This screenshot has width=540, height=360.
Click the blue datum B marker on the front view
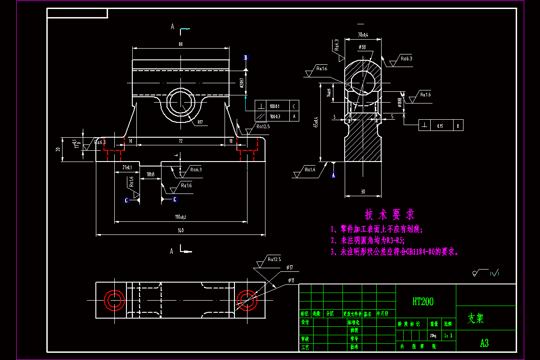246,58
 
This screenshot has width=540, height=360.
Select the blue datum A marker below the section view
333,175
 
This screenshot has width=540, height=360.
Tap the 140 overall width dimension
181,230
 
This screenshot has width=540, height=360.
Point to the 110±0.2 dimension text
181,217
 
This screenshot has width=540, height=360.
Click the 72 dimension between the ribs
181,141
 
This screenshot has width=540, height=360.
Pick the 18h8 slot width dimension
150,174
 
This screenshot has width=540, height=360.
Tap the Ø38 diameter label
362,47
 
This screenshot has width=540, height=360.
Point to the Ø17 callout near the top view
289,268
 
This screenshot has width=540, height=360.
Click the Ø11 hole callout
291,280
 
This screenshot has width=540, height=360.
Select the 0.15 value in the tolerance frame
440,126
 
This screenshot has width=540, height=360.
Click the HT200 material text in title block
423,301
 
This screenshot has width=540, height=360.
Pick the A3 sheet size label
484,343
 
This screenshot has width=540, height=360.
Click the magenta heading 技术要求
390,214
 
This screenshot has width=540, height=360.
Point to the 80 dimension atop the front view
180,44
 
